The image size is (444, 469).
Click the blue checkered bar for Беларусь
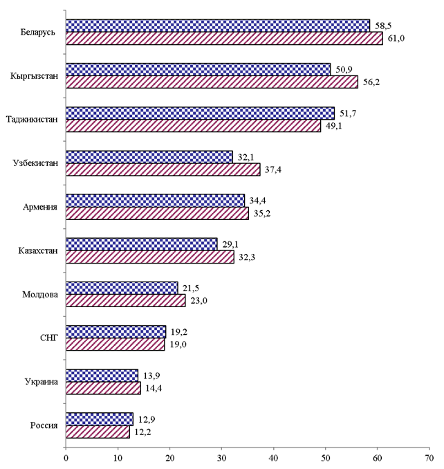pyautogui.click(x=218, y=26)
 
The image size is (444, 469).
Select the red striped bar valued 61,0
pyautogui.click(x=224, y=39)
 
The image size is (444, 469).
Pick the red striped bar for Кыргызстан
pyautogui.click(x=212, y=82)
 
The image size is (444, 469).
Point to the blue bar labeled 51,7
pyautogui.click(x=200, y=113)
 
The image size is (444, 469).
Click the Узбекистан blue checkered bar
pyautogui.click(x=149, y=157)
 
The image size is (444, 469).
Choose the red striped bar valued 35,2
pyautogui.click(x=157, y=213)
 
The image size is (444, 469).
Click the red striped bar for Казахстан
pyautogui.click(x=149, y=257)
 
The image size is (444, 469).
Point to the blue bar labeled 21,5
pyautogui.click(x=122, y=287)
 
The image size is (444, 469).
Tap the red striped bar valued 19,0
pyautogui.click(x=115, y=344)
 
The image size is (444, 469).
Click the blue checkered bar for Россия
pyautogui.click(x=100, y=419)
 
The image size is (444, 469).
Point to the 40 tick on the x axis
pyautogui.click(x=273, y=458)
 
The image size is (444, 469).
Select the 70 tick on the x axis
pyautogui.click(x=429, y=458)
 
